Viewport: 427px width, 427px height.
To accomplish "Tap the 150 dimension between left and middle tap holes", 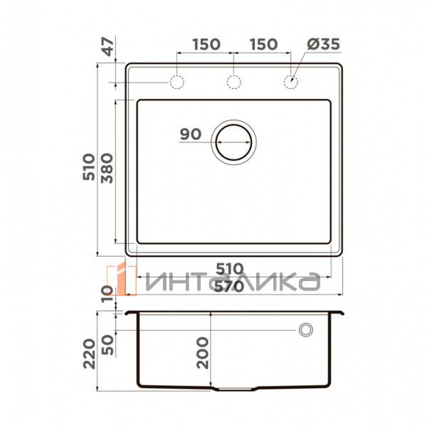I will [x=205, y=44].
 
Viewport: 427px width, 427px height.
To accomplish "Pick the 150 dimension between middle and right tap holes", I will [x=263, y=44].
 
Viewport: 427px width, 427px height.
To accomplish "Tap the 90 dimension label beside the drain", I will [x=191, y=134].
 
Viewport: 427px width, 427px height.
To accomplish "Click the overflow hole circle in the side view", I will [x=306, y=330].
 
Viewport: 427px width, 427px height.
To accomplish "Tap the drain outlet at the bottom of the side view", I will [x=234, y=390].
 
